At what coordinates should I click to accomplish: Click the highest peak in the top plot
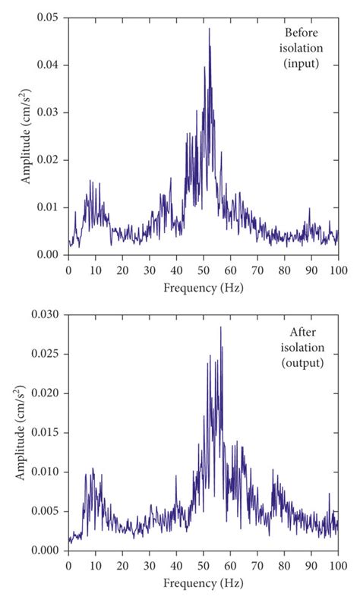(209, 29)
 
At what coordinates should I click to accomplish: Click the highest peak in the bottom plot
(220, 327)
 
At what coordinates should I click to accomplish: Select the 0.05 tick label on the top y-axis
(47, 17)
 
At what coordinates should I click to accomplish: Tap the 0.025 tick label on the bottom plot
(44, 354)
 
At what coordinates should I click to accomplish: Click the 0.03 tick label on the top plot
(47, 112)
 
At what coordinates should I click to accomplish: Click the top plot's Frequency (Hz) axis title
(203, 288)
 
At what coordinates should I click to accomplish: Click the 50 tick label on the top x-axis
(203, 270)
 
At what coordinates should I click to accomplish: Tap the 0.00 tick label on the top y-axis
(47, 254)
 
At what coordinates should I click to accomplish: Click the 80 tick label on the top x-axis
(284, 270)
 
